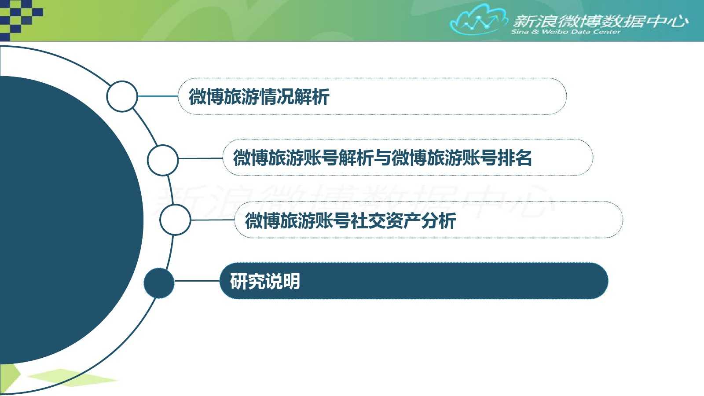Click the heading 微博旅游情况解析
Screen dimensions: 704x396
pyautogui.click(x=259, y=96)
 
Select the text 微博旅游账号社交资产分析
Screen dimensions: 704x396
pyautogui.click(x=350, y=220)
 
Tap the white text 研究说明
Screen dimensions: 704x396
pyautogui.click(x=265, y=281)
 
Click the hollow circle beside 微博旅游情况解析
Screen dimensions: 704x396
pyautogui.click(x=122, y=96)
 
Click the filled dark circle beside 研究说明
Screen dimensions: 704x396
pyautogui.click(x=159, y=283)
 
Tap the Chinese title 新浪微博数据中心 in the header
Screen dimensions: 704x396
pyautogui.click(x=601, y=22)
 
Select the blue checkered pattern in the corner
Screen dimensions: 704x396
pyautogui.click(x=21, y=20)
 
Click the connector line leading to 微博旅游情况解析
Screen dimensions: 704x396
pyautogui.click(x=158, y=96)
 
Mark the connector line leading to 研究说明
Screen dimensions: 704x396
pyautogui.click(x=197, y=281)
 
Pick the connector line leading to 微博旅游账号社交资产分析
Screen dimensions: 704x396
pyautogui.click(x=213, y=220)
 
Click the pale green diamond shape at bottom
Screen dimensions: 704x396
pyautogui.click(x=72, y=378)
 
